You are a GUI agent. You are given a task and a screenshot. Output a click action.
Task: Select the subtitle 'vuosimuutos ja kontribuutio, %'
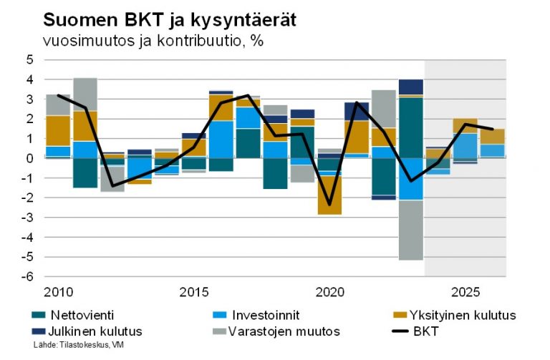click(x=153, y=41)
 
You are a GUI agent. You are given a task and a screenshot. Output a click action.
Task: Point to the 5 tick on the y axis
click(x=30, y=60)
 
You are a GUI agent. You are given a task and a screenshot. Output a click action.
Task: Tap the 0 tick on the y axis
click(x=30, y=158)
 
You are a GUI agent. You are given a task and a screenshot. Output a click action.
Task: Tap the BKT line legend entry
click(x=423, y=331)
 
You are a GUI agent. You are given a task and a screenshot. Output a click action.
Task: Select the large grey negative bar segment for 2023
click(x=410, y=230)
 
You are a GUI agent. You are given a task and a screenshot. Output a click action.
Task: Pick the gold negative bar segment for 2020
click(x=329, y=195)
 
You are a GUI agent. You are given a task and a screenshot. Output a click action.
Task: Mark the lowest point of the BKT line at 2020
click(x=329, y=205)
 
